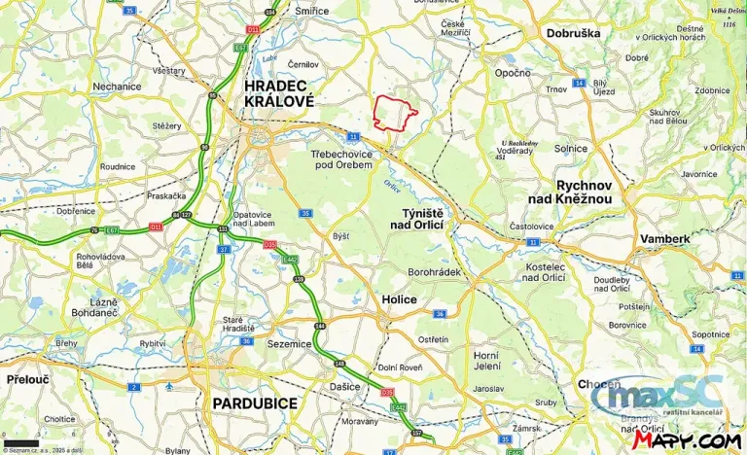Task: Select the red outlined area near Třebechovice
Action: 395,114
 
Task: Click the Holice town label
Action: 398,299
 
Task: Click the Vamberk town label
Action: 665,238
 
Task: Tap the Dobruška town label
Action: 574,32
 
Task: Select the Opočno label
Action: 513,73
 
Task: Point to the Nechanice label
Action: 117,86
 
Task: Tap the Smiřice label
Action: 312,10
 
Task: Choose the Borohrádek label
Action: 434,272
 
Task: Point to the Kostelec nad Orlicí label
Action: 544,272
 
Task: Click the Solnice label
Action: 571,148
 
